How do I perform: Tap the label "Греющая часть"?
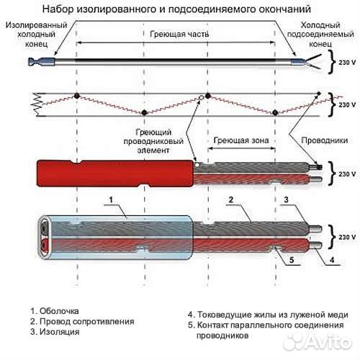(179, 34)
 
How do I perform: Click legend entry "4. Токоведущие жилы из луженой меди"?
(267, 315)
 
